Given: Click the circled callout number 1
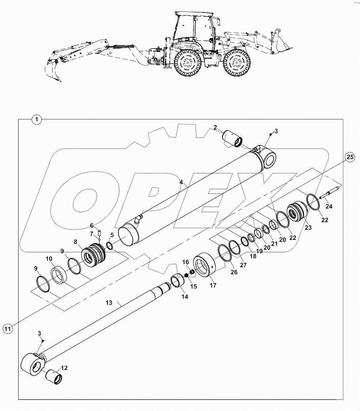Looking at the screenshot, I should point(36,119).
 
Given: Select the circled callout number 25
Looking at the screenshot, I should point(350,157).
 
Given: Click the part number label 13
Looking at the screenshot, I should point(109,303).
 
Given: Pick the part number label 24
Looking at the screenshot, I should point(329,206).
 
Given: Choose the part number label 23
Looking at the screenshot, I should point(308,228).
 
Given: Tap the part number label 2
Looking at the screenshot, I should point(215,127).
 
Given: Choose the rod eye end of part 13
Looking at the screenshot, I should point(34,365).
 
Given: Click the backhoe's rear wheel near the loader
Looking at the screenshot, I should point(236,63).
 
